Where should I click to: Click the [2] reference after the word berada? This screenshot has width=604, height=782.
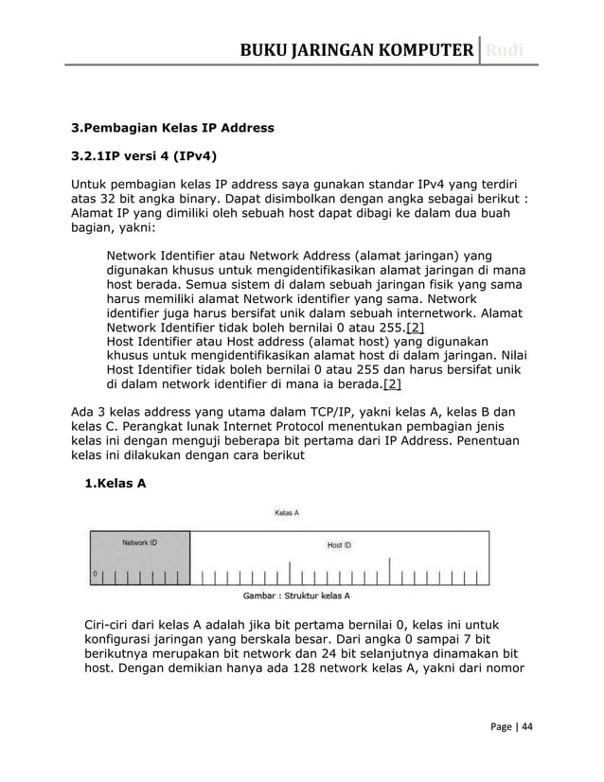pos(391,383)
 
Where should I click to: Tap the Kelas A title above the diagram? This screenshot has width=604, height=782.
pos(287,513)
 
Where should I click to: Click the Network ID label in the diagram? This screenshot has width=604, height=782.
pos(139,542)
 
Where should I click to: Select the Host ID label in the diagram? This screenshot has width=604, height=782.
pos(339,544)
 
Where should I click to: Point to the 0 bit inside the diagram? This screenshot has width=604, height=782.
pos(95,574)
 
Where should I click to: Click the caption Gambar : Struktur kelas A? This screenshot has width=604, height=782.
pos(297,595)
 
